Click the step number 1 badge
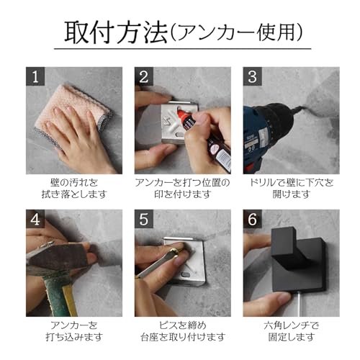(x=35, y=76)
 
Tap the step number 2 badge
(x=144, y=76)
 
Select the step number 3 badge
(x=252, y=76)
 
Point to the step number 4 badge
(x=35, y=219)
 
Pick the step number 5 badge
(x=144, y=219)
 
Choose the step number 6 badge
(x=252, y=219)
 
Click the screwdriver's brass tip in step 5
(x=176, y=251)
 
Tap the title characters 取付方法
(x=116, y=32)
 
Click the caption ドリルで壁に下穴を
(x=292, y=183)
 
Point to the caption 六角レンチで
(x=292, y=325)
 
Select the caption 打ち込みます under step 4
(x=74, y=337)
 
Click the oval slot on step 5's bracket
(x=186, y=274)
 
